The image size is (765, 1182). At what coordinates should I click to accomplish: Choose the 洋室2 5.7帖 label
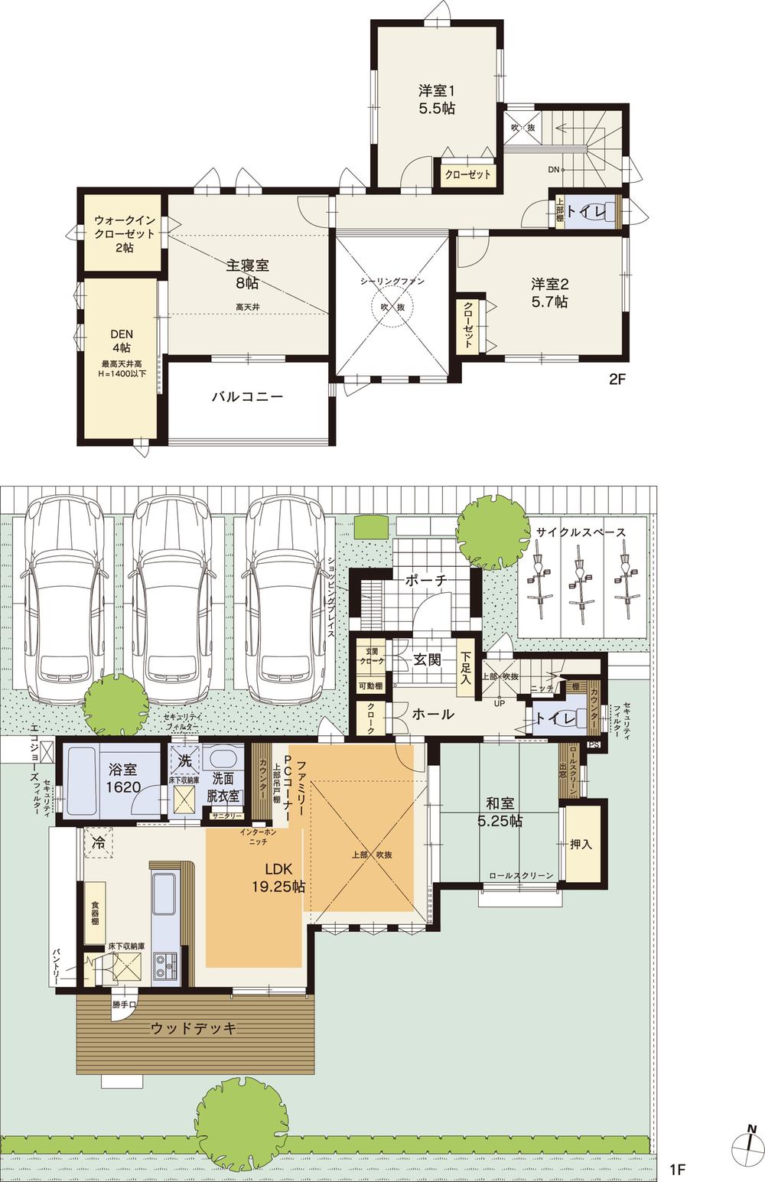click(549, 292)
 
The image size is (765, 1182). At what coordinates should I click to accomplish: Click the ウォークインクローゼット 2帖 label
click(124, 233)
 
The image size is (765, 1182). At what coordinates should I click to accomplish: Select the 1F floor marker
click(676, 1169)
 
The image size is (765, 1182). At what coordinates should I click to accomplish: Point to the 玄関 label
click(427, 659)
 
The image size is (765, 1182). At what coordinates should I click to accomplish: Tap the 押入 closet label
click(581, 845)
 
